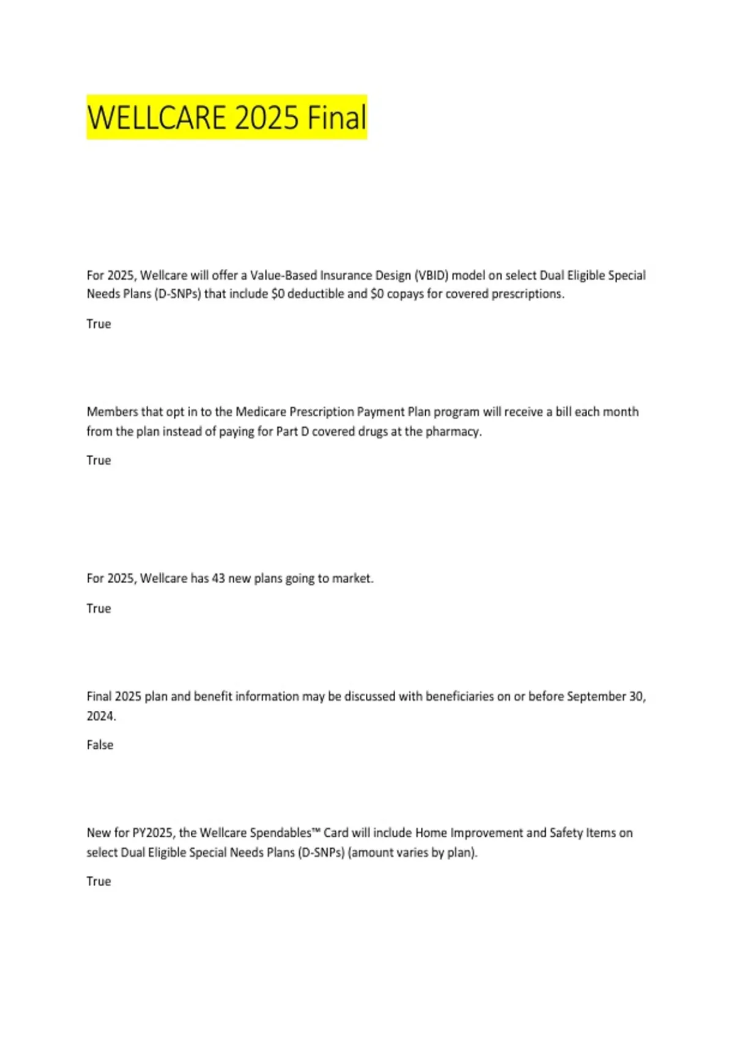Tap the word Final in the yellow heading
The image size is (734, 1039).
tap(336, 117)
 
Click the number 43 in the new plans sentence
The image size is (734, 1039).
tap(218, 578)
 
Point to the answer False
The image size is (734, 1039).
tap(100, 745)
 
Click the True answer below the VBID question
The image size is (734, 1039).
tap(98, 324)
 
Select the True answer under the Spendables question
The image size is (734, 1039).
tap(98, 881)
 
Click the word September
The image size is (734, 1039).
tap(596, 697)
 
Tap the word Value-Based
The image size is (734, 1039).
tap(284, 275)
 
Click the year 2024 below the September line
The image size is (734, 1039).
tap(101, 716)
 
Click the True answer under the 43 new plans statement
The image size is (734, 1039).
tap(98, 609)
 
